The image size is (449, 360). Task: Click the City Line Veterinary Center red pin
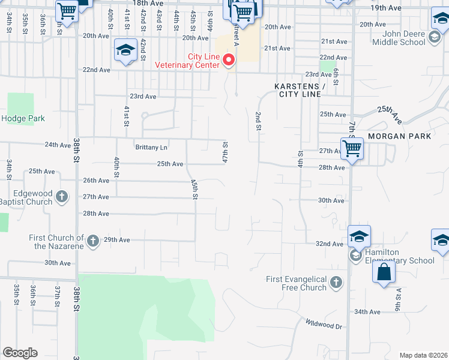pos(228,60)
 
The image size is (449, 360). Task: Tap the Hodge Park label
pos(23,118)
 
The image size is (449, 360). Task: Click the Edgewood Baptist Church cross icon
pos(61,197)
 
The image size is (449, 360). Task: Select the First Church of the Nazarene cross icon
pos(92,241)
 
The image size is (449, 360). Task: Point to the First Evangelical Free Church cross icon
pos(336,281)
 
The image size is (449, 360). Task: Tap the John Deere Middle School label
pos(399,38)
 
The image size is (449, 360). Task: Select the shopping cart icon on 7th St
pos(352,148)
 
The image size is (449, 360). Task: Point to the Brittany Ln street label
pos(151,147)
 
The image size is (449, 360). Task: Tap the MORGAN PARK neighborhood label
pos(400,136)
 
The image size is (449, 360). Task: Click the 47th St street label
pos(226,151)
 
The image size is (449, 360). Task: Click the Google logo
pos(20,353)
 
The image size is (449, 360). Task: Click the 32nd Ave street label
pos(329,244)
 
